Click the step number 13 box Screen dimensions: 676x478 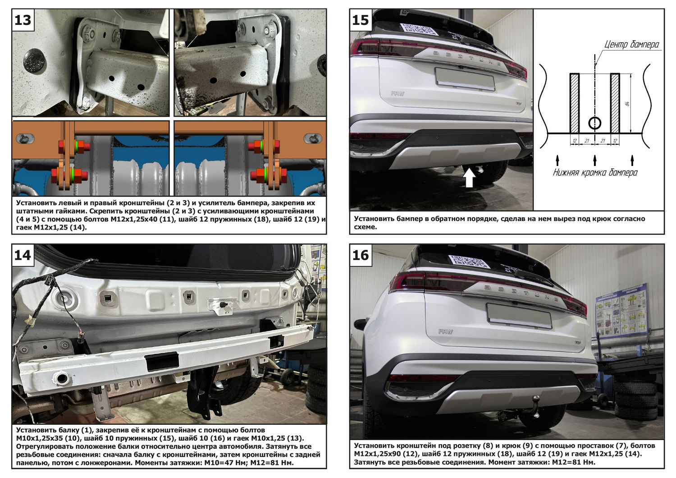[x=23, y=20]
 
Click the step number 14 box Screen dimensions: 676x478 [x=23, y=255]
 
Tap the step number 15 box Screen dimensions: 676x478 [x=361, y=20]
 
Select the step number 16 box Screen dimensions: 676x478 [x=361, y=255]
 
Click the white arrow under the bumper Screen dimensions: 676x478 [x=469, y=178]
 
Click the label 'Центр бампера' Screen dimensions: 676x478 [x=632, y=45]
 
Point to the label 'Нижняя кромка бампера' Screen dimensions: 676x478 [x=595, y=172]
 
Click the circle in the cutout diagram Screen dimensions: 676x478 [x=595, y=123]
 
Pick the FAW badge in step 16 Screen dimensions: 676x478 [x=445, y=331]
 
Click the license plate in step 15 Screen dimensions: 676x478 [x=465, y=79]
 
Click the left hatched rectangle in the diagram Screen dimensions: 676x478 [x=575, y=103]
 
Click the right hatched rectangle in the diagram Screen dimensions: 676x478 [x=615, y=103]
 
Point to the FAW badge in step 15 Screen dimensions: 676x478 [x=397, y=94]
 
